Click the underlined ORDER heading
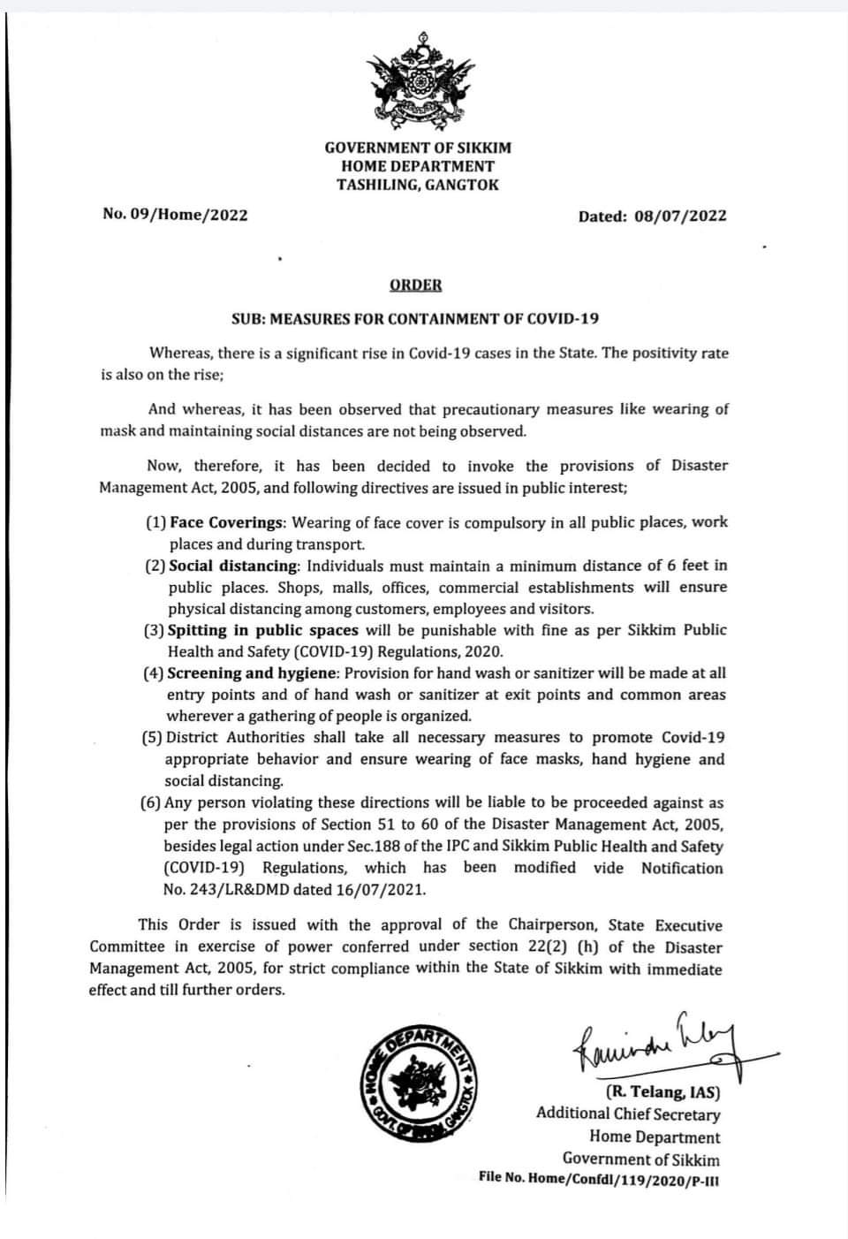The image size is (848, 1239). coord(414,285)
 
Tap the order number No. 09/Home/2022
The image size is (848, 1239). coord(175,215)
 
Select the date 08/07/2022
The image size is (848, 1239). coord(680,216)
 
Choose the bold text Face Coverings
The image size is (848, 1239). coord(226,522)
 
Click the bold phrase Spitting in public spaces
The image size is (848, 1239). coord(262,630)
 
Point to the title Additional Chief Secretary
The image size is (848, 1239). coord(627,1114)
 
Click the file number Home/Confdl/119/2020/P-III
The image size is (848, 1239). coord(624,1178)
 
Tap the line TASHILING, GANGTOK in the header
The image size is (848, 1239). coord(418,185)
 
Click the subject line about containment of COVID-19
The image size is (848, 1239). coord(415,318)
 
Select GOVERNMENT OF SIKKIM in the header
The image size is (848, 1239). coord(418,148)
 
